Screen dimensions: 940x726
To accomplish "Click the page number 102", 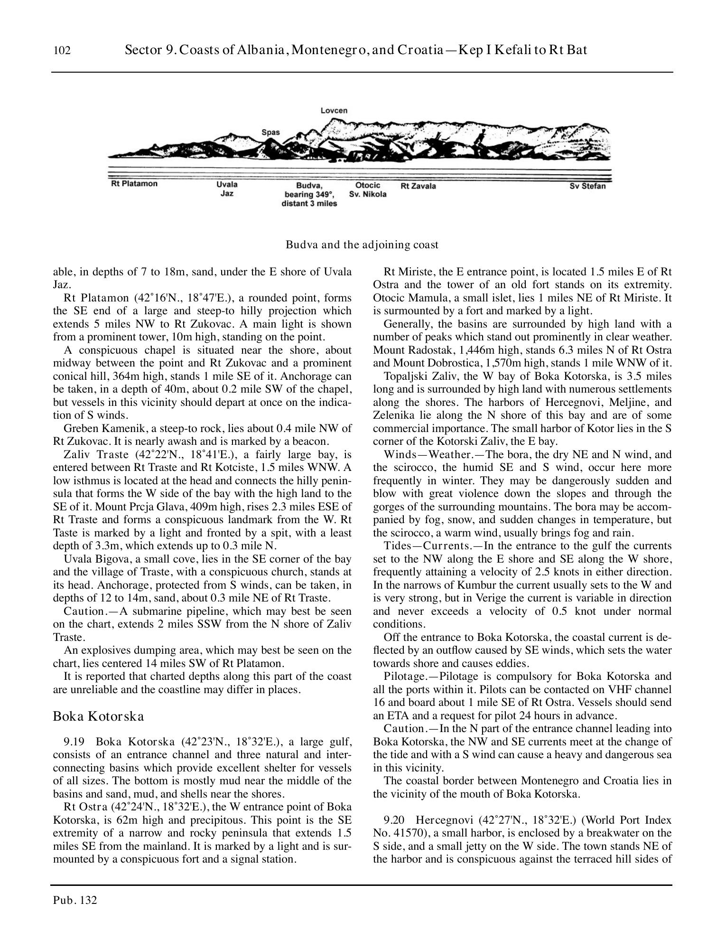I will pos(62,50).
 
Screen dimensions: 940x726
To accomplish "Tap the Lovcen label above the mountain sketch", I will pos(334,111).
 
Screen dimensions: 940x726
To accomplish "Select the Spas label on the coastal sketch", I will pos(270,132).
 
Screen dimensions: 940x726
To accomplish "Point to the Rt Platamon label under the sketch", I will pos(134,184).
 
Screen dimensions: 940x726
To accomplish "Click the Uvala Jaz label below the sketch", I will pos(227,189).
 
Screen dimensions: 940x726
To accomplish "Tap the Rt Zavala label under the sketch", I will pos(418,186).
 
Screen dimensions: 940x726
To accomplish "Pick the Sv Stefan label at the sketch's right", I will pos(587,186).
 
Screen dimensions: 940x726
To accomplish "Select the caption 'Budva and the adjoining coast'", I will pos(362,245).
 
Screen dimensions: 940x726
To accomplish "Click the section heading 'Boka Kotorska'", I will pos(98,716).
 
